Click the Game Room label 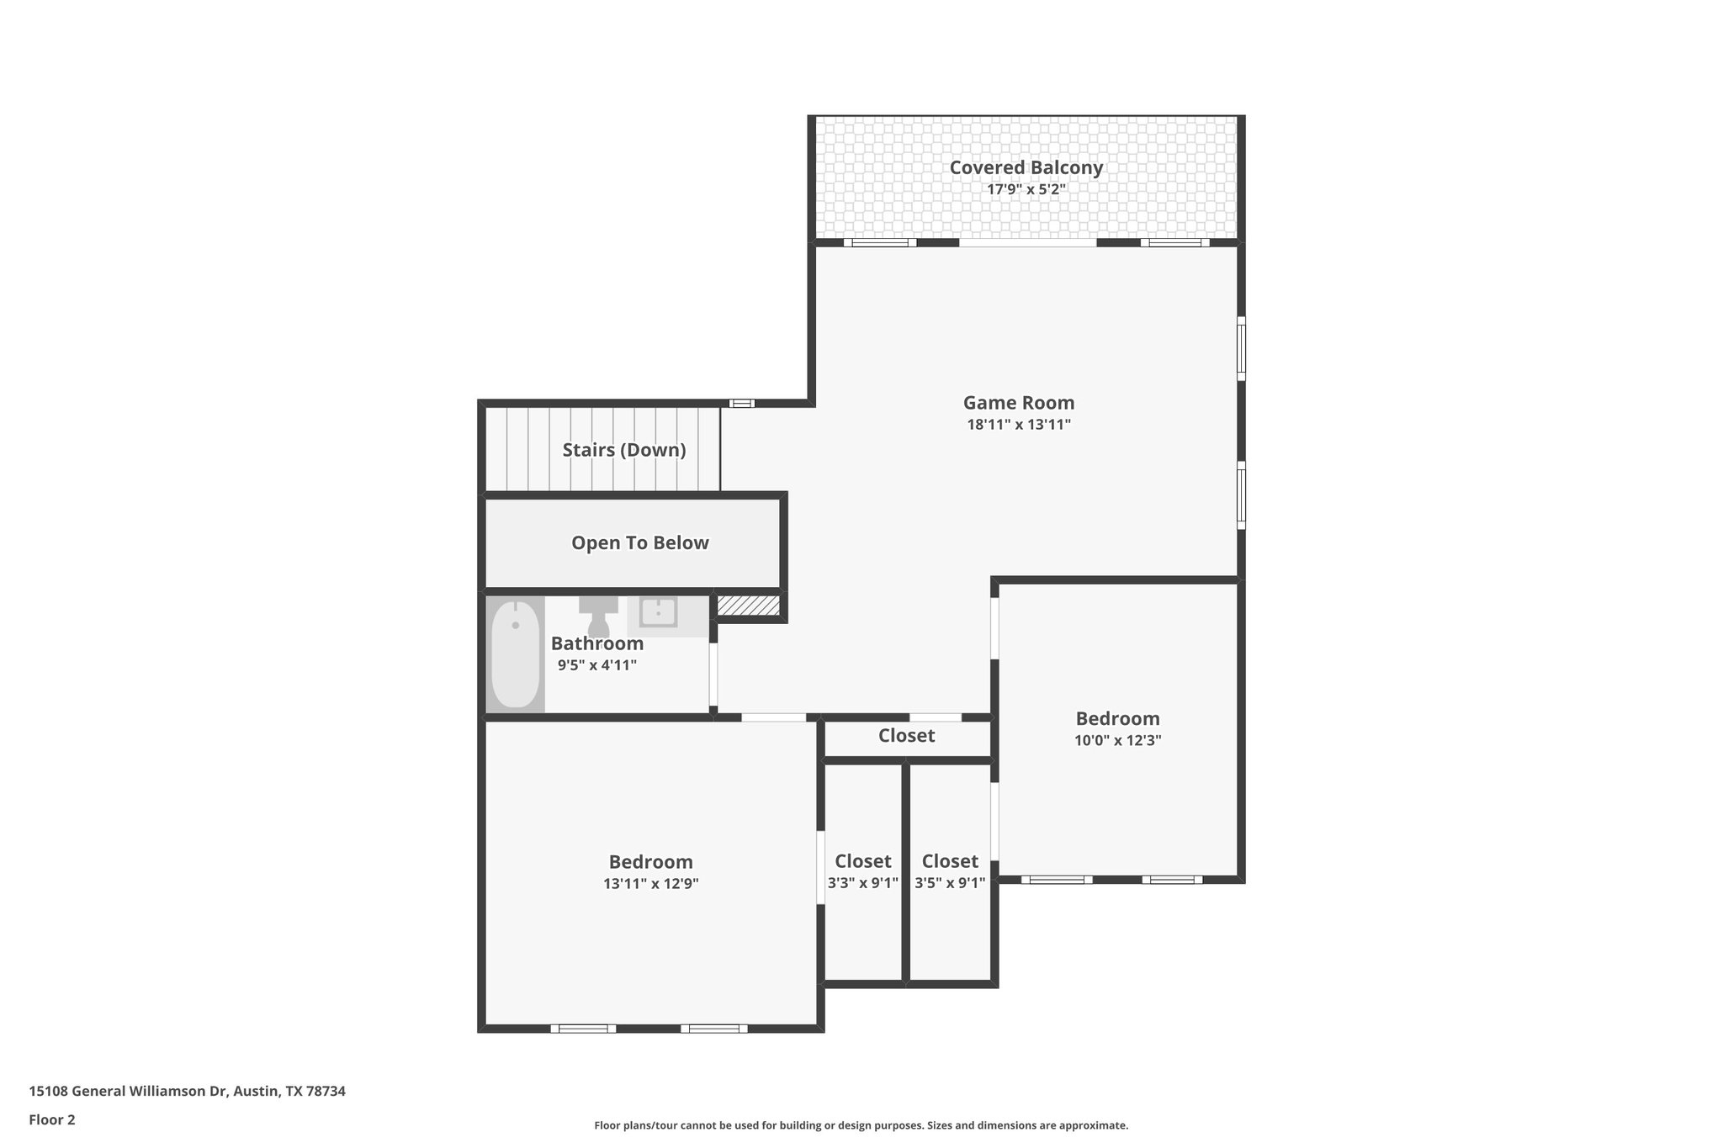[1018, 403]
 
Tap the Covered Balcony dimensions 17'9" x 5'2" [1026, 189]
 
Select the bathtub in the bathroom [515, 653]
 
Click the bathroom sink [657, 612]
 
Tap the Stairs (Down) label [623, 450]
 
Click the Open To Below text [639, 543]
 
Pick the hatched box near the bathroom [748, 606]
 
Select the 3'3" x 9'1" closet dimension [862, 883]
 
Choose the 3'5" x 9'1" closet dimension [950, 883]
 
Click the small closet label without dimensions [906, 736]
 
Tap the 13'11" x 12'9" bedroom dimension [650, 884]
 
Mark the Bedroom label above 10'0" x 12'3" [1117, 719]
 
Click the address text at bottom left [187, 1091]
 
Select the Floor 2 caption [52, 1119]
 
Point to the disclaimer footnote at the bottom [861, 1125]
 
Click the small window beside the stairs [741, 404]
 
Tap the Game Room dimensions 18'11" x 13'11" [1018, 425]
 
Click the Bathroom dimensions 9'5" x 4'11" [596, 665]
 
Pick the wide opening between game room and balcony [1027, 243]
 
